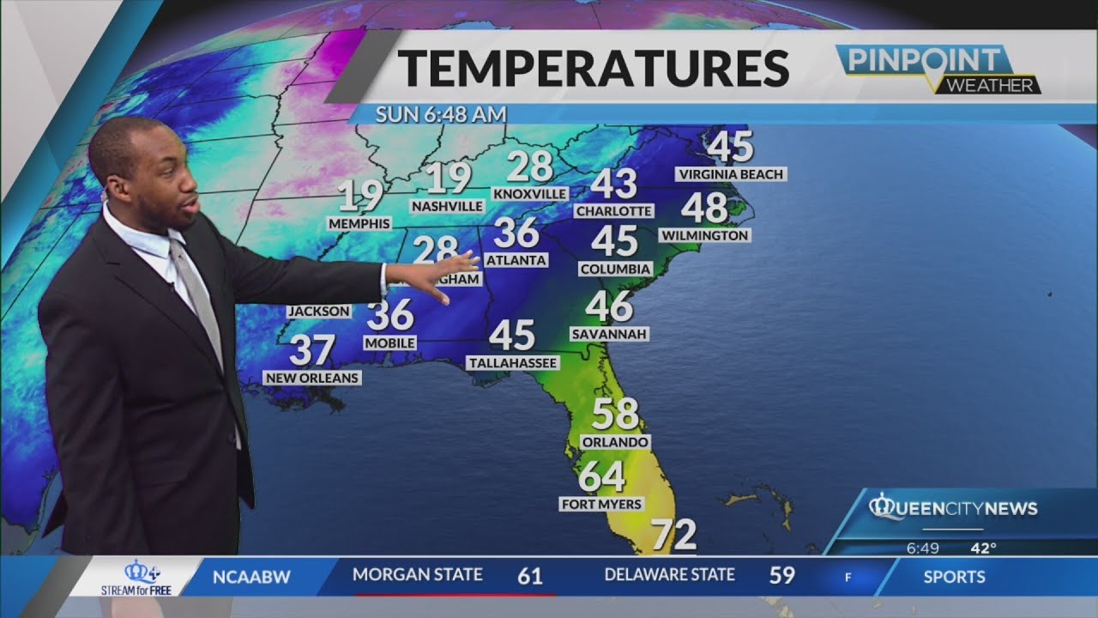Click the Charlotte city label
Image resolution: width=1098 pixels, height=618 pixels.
tap(613, 210)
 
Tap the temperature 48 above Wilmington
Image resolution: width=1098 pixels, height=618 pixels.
tap(704, 208)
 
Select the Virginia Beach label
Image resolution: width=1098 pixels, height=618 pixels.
tap(730, 174)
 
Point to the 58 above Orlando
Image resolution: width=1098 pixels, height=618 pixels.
tap(615, 415)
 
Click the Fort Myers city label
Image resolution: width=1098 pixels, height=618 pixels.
tap(600, 504)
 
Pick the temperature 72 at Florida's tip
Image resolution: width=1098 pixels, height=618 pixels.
tap(673, 536)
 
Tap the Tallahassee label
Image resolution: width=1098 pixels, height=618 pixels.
tap(513, 363)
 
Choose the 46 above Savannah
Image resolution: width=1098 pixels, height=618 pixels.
tap(609, 306)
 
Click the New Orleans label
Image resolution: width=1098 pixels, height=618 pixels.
tap(312, 378)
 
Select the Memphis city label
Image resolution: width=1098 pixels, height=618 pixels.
tap(359, 223)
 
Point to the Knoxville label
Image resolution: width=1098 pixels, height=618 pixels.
tap(530, 193)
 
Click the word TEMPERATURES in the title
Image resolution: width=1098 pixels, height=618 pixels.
tap(594, 69)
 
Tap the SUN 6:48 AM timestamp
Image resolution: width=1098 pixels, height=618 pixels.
tap(441, 113)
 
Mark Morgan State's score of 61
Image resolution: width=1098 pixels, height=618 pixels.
tap(529, 575)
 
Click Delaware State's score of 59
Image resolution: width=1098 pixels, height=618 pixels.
tap(781, 575)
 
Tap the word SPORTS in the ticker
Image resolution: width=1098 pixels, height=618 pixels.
tap(955, 576)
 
